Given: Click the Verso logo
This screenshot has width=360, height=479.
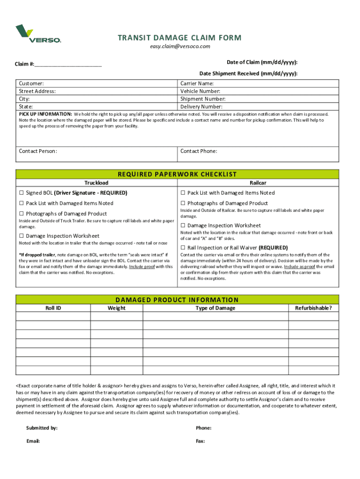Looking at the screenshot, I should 38,34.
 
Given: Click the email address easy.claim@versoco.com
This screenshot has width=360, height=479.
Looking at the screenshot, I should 180,46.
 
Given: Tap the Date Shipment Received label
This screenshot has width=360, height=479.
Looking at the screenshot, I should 248,73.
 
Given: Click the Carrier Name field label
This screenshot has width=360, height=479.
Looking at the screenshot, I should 197,83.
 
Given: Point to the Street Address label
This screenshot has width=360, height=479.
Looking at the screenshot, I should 37,91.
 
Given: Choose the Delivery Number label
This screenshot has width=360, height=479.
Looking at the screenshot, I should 201,107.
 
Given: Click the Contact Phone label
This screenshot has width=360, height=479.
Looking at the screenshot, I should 199,151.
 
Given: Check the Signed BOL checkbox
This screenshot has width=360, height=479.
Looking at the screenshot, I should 21,193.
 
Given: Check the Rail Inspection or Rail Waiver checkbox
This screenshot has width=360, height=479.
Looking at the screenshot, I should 183,247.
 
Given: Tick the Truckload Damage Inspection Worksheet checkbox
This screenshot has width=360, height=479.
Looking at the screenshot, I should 21,236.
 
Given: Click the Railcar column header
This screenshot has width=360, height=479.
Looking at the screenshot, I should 258,183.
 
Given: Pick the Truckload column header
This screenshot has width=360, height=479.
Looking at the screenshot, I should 96,183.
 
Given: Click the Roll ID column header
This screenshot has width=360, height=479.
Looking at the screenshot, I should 53,308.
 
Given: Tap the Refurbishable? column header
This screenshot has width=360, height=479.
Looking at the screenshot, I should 313,308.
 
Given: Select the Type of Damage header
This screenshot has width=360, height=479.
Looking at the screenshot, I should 215,308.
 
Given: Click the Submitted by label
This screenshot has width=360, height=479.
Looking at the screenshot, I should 42,428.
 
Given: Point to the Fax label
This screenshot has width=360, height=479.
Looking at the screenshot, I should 201,441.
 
